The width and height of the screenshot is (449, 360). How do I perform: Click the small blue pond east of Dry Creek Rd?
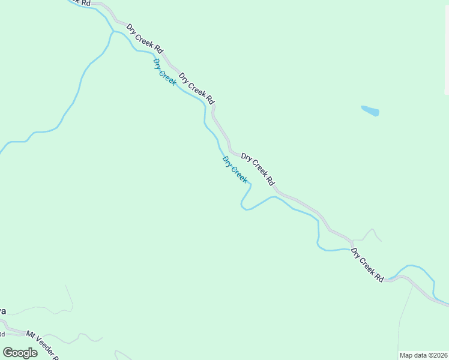point(370,111)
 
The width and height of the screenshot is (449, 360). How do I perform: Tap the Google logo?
point(20,353)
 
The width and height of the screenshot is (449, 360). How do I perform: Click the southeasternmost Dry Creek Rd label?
point(367,265)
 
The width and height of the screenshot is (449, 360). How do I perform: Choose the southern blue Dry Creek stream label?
point(235,170)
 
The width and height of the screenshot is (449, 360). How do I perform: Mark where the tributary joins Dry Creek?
point(113,32)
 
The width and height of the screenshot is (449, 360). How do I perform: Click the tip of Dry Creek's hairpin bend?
point(243,206)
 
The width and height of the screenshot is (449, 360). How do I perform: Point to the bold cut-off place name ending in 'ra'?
point(2,311)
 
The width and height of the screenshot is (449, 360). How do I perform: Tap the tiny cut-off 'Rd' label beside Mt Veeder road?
point(2,334)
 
